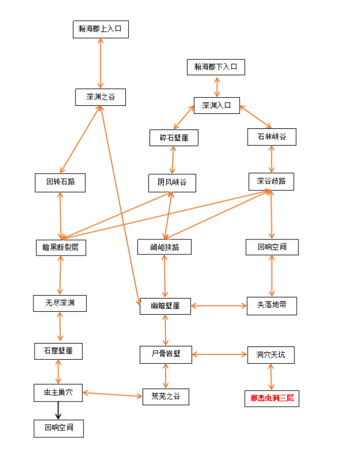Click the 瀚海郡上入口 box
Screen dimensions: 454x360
pos(101,29)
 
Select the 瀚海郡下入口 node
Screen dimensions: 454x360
pos(216,67)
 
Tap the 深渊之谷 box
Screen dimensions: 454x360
pos(101,97)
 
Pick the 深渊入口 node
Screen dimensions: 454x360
pos(216,105)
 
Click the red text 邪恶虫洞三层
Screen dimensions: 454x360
pos(271,398)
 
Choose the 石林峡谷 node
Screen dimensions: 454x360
pos(271,137)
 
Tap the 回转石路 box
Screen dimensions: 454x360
pos(60,182)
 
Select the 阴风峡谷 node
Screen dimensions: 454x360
pos(172,182)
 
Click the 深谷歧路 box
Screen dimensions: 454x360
pos(271,181)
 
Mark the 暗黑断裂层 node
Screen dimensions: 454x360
pos(60,247)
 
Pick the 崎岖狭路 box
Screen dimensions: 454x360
pos(164,247)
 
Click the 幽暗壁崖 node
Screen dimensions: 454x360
pos(165,306)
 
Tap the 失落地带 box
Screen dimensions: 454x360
pos(271,306)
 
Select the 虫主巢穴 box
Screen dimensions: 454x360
pos(58,393)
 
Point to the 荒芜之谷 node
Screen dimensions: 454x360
pos(166,396)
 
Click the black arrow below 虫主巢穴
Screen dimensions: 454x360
pos(58,411)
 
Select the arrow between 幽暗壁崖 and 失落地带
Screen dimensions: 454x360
pos(219,306)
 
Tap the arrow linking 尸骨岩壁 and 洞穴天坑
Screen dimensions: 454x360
pos(219,354)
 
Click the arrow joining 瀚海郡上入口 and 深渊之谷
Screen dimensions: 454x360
pos(101,63)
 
